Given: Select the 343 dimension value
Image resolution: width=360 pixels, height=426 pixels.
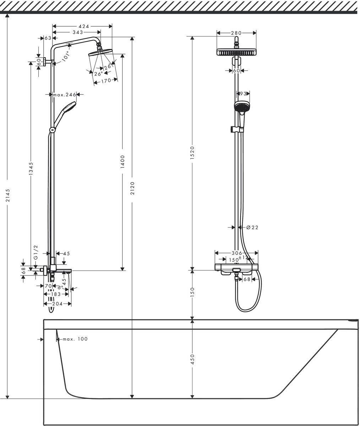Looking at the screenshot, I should [x=78, y=32].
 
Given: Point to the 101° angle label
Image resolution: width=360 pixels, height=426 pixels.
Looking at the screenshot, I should [x=66, y=57].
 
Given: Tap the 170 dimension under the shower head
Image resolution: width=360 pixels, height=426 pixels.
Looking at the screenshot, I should [x=106, y=81].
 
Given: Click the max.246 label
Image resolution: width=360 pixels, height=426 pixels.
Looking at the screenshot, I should [x=65, y=95].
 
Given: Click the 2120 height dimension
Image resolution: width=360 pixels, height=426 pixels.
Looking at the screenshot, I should [x=132, y=188].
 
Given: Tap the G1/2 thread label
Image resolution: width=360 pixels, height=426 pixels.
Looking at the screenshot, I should [x=36, y=251].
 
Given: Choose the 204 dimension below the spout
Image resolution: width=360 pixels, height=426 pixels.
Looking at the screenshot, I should [x=57, y=304].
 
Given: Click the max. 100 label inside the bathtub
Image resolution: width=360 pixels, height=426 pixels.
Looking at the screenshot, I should [x=75, y=339].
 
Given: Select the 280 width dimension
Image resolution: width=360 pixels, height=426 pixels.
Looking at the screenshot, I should [x=236, y=33].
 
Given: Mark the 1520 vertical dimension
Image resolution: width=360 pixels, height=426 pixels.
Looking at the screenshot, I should [x=192, y=153].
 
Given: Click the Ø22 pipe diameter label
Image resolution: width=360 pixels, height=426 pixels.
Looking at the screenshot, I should [x=252, y=228].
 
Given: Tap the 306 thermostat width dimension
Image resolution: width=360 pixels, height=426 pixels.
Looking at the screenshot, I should [x=236, y=253].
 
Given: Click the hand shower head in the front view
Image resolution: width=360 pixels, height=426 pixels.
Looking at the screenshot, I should [x=242, y=106].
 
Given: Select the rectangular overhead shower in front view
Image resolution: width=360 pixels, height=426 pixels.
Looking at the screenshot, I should [x=236, y=52].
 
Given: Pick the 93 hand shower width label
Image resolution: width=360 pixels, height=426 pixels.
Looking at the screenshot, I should [x=243, y=94].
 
